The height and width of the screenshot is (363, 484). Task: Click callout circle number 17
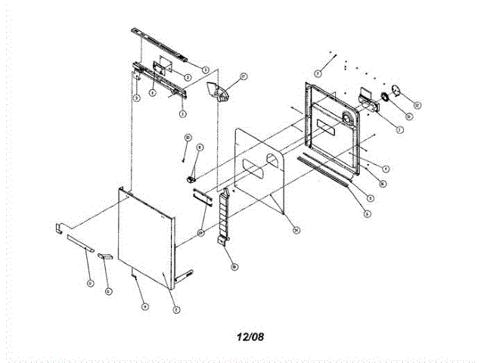click(244, 76)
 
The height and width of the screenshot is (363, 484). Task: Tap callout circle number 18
click(234, 266)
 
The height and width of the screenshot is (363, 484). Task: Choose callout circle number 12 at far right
click(417, 104)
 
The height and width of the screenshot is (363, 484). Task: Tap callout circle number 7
click(318, 73)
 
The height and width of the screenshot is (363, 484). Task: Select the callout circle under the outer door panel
click(144, 306)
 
